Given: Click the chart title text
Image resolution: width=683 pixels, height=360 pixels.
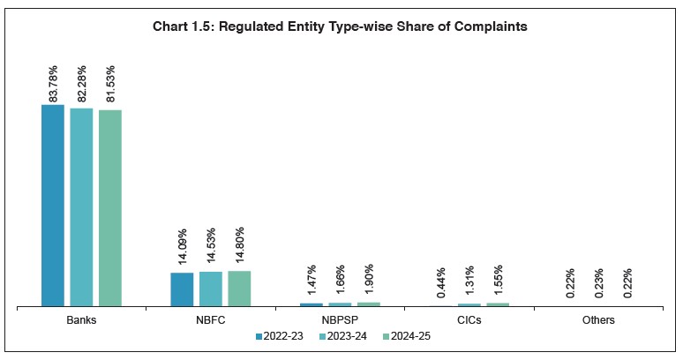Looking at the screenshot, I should coord(341,27).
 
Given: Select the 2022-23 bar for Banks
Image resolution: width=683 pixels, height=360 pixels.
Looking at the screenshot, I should coord(53,206).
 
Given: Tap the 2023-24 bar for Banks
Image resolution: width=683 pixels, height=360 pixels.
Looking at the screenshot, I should coord(81,207).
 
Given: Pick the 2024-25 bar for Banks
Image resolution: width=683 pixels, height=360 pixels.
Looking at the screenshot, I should coord(110,208).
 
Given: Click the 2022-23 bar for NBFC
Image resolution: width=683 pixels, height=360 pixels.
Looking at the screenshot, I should coord(182,289).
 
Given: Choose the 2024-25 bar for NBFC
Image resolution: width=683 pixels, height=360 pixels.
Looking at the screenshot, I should coord(239,289).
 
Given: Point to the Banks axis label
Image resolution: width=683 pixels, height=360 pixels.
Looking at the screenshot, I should coord(81,320).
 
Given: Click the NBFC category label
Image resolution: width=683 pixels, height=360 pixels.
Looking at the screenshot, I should coord(211,320).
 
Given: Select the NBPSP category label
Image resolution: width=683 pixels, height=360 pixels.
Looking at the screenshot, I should coord(341,320).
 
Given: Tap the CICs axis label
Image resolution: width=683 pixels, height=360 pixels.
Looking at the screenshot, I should coord(469,320).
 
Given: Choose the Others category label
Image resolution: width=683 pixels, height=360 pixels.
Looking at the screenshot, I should coord(598,320).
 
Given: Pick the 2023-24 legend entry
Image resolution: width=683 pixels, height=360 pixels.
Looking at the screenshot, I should coord(344,336).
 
